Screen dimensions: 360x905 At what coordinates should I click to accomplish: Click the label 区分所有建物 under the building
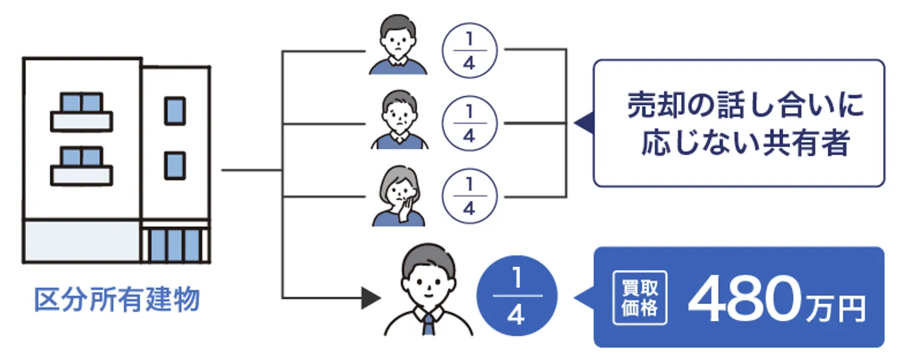tap(117, 300)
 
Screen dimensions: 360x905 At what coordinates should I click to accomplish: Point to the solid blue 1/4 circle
tap(517, 297)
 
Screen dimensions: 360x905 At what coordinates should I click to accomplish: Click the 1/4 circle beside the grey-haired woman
tap(469, 197)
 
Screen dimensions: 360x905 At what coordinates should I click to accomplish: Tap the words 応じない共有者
tap(745, 144)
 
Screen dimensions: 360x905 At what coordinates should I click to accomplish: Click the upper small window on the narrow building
tap(175, 111)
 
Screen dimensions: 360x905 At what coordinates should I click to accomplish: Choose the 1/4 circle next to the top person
tap(469, 50)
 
